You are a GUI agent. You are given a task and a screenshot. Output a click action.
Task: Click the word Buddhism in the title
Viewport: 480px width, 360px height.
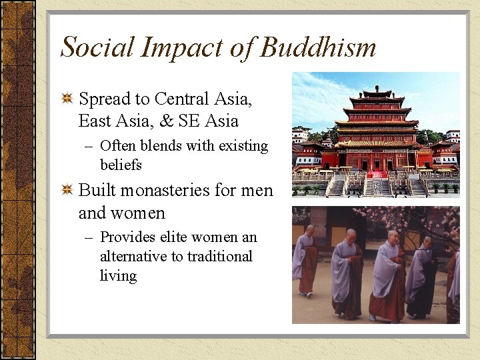[318, 47]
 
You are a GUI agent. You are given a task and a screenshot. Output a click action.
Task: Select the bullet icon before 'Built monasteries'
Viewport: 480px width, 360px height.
[67, 191]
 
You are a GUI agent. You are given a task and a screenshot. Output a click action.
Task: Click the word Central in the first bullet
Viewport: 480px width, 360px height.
[185, 99]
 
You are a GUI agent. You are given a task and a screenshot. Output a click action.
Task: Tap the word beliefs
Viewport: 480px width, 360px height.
[121, 165]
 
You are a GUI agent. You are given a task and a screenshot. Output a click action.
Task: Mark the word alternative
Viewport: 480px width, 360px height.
[140, 257]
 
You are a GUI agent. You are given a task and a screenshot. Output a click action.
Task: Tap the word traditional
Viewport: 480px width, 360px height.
[219, 257]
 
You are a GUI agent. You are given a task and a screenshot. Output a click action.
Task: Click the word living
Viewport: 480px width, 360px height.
[118, 275]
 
